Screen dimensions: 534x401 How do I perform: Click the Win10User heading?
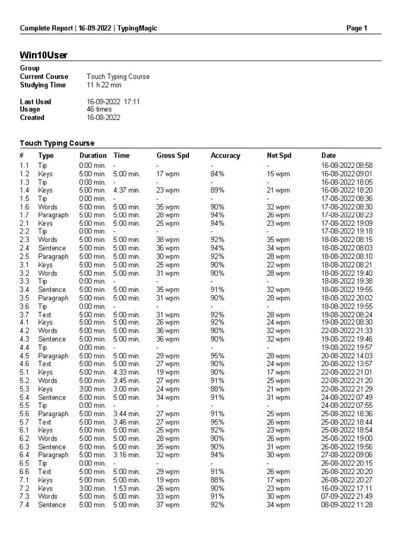point(43,55)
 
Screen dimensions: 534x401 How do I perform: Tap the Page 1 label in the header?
point(357,28)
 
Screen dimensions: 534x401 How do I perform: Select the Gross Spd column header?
point(173,155)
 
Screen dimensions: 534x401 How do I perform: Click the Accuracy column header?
point(225,155)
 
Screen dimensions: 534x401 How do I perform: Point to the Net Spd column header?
point(279,155)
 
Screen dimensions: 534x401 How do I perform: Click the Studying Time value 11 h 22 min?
point(104,84)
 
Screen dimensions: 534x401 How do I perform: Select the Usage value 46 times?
point(99,110)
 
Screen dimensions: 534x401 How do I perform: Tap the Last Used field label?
point(36,102)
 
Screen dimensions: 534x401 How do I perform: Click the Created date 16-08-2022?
point(103,117)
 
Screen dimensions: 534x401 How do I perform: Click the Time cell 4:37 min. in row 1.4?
point(127,190)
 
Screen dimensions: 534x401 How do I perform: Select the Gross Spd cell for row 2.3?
point(168,240)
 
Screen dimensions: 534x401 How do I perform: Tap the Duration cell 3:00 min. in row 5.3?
point(92,389)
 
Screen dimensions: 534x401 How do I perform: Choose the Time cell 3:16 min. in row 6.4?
point(127,455)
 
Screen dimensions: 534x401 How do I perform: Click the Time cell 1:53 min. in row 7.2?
point(127,488)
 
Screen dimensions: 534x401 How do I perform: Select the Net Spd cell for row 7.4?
point(278,505)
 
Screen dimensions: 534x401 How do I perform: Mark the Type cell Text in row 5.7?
point(45,422)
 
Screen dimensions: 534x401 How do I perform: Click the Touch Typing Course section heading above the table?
point(57,143)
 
